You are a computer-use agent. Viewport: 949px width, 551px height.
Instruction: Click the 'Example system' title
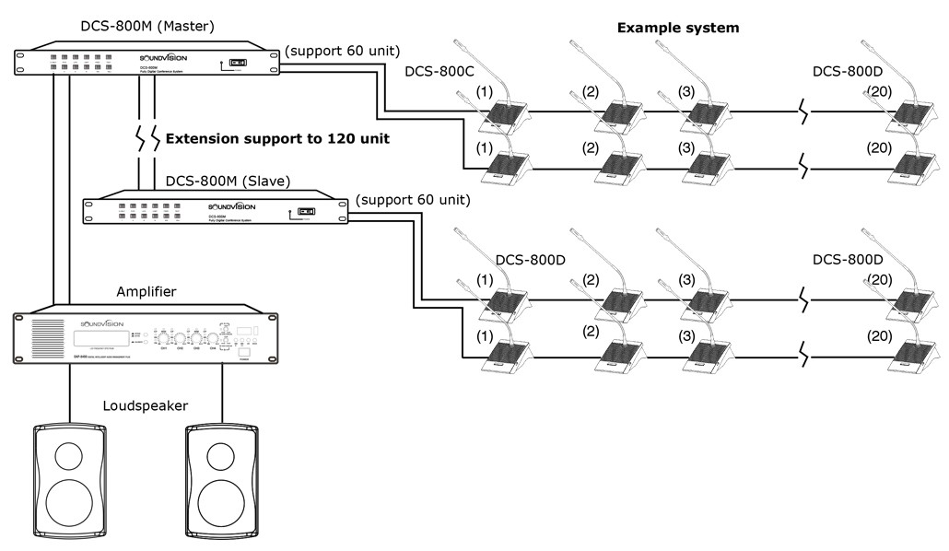677,29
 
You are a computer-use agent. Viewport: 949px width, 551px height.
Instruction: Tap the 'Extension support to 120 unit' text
276,139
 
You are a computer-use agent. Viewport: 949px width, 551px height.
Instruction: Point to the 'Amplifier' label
146,292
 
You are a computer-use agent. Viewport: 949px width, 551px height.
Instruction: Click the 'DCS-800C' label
439,72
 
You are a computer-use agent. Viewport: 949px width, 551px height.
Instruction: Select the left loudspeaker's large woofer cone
72,503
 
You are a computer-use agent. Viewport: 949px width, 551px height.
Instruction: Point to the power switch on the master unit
238,64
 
